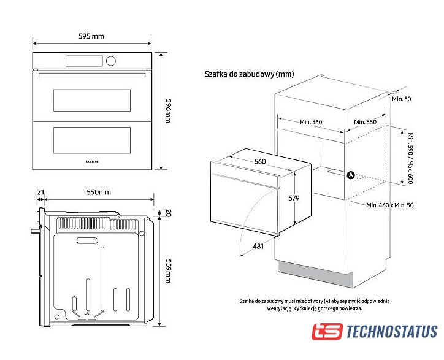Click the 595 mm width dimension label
point(91,36)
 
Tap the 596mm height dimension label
point(167,110)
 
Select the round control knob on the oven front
point(111,61)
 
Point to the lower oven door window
point(92,140)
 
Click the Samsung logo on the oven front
point(91,161)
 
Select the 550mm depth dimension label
point(98,192)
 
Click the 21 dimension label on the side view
point(40,192)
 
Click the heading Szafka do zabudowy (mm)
point(249,74)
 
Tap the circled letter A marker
point(351,175)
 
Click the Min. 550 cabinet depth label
point(367,122)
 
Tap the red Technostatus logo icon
point(326,332)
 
